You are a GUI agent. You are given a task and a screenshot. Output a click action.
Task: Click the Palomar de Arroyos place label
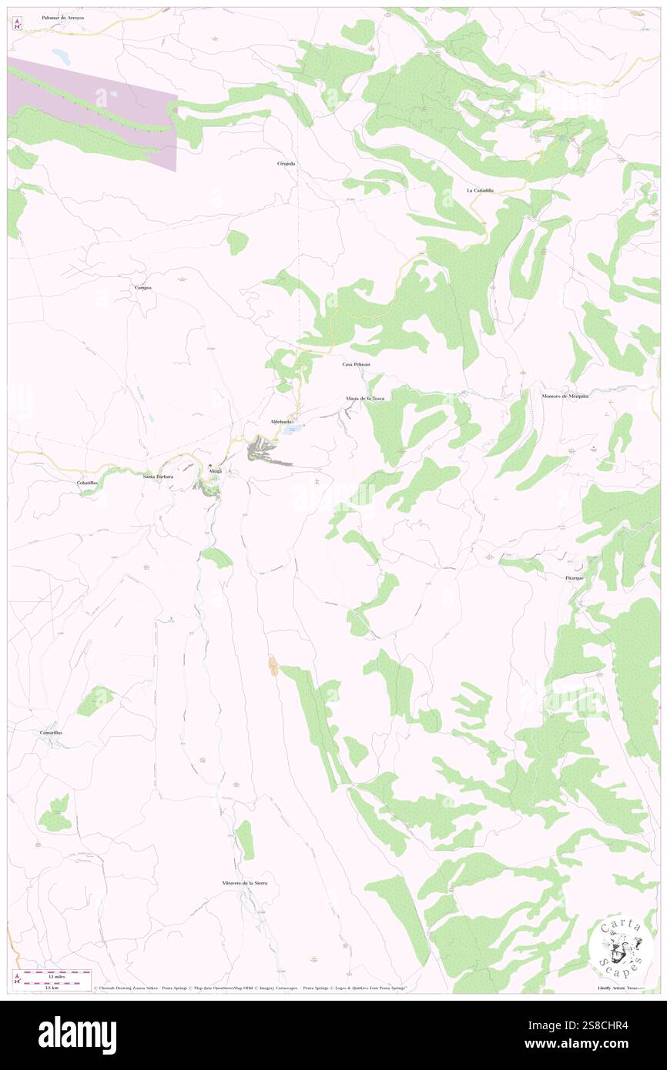click(x=63, y=16)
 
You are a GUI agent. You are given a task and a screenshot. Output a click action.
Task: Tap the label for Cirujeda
click(x=287, y=164)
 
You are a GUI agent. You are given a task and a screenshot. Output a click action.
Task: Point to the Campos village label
click(x=143, y=288)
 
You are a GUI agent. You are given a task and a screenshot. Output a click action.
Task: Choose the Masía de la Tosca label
click(x=365, y=398)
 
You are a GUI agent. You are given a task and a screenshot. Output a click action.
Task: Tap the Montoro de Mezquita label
click(x=565, y=396)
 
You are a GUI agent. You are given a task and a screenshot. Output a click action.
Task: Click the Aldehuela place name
click(x=280, y=423)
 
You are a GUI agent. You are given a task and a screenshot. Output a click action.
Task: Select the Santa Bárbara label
click(x=158, y=476)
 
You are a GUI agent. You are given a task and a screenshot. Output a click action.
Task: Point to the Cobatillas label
click(x=87, y=483)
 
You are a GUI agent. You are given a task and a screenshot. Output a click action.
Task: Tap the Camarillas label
click(x=52, y=733)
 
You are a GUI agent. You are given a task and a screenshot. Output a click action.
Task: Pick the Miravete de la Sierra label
click(x=244, y=883)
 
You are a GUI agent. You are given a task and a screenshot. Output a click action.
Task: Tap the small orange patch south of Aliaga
click(x=273, y=667)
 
